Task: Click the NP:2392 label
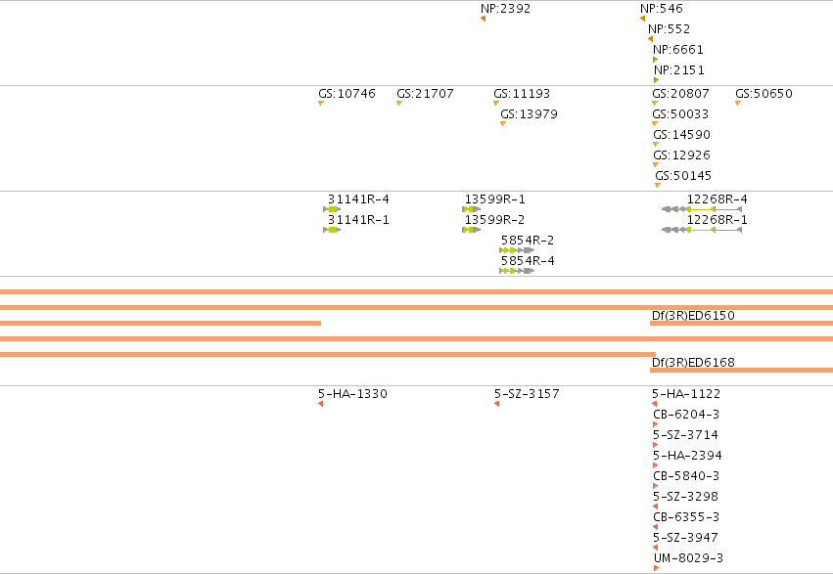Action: tap(505, 9)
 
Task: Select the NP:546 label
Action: tap(662, 9)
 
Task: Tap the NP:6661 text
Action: tap(678, 49)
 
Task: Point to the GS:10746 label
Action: tap(347, 93)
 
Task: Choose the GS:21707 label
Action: tap(425, 93)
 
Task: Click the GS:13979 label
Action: tap(530, 114)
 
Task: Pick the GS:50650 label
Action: tap(764, 93)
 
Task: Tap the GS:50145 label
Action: tap(683, 176)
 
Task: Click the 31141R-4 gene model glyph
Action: tap(332, 209)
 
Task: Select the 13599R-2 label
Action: tap(494, 220)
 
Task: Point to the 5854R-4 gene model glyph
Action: tap(517, 271)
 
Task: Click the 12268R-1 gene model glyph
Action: tap(702, 230)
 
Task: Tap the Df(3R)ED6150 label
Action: tap(693, 315)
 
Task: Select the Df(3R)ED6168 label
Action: tap(693, 363)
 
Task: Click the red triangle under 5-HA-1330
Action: tap(320, 404)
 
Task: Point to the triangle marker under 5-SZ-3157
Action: tap(496, 404)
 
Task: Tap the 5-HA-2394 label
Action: tap(687, 455)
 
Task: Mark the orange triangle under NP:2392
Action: tap(483, 19)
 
